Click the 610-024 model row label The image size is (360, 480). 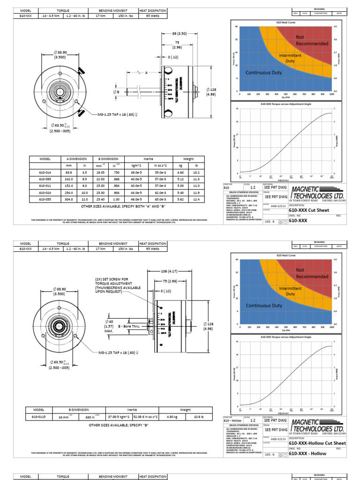coord(45,192)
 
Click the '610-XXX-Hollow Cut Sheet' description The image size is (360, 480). coord(317,443)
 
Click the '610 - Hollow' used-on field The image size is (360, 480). coord(233,421)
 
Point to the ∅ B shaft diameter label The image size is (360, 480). coord(117,92)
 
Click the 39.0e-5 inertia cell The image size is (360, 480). coord(137,172)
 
